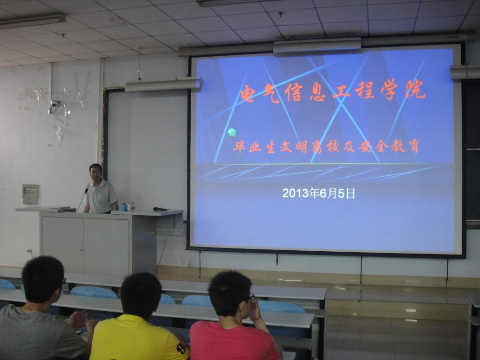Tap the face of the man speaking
coord(96,173)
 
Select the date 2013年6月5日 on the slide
coord(318,194)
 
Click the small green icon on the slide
coord(232,133)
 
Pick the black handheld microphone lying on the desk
coord(160,209)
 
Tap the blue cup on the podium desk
coord(124,207)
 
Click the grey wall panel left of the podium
coord(30,194)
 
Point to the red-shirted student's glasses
coord(251,297)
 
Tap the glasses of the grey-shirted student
coord(64,280)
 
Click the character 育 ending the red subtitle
coord(414,146)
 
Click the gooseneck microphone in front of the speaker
coord(82,200)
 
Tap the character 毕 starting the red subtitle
coord(239,147)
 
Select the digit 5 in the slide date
coord(341,194)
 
